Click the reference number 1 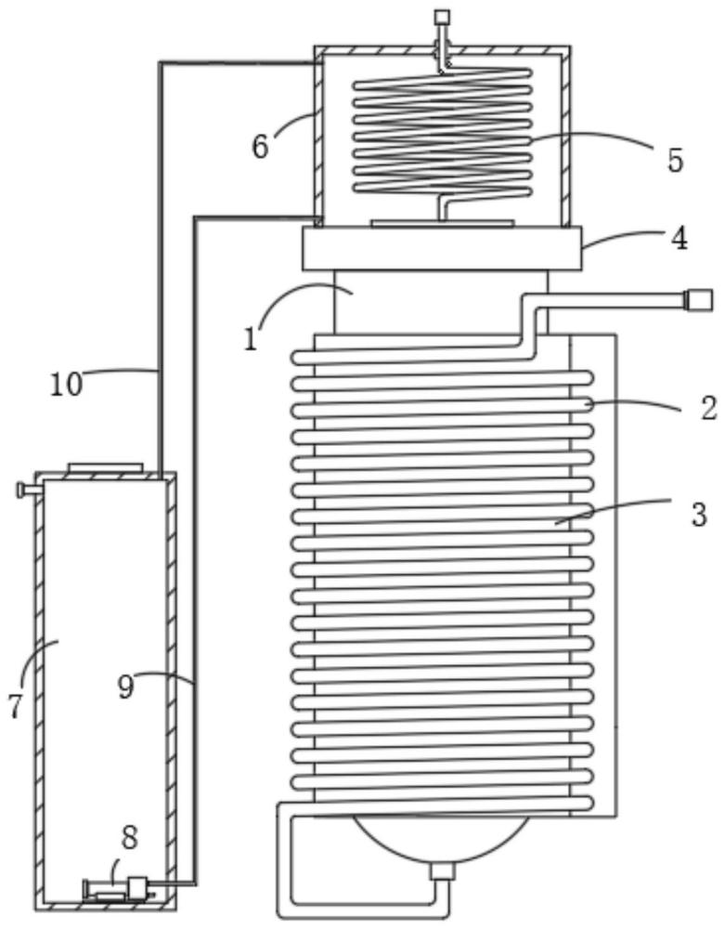pyautogui.click(x=251, y=339)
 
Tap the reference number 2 pyautogui.click(x=708, y=408)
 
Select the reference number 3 pyautogui.click(x=699, y=515)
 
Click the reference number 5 pyautogui.click(x=675, y=160)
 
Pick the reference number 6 pyautogui.click(x=261, y=146)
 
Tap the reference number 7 pyautogui.click(x=16, y=706)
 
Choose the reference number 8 pyautogui.click(x=130, y=837)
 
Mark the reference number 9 pyautogui.click(x=125, y=687)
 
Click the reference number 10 pyautogui.click(x=66, y=385)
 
